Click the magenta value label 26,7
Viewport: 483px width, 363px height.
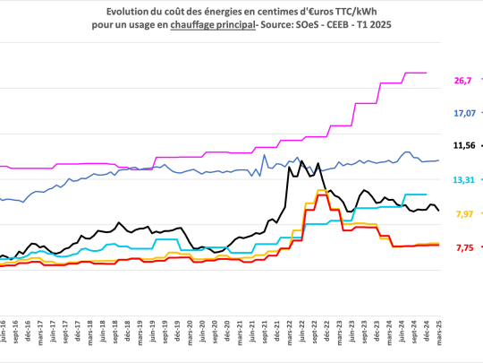[462, 81]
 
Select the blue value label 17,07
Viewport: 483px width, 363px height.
[463, 113]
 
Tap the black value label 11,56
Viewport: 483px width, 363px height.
[463, 144]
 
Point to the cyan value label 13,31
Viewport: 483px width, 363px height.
[463, 179]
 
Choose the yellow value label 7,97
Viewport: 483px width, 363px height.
[463, 213]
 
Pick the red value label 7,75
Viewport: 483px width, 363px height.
[463, 247]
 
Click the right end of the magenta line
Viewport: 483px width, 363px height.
[427, 73]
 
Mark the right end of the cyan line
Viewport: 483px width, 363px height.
[427, 194]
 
